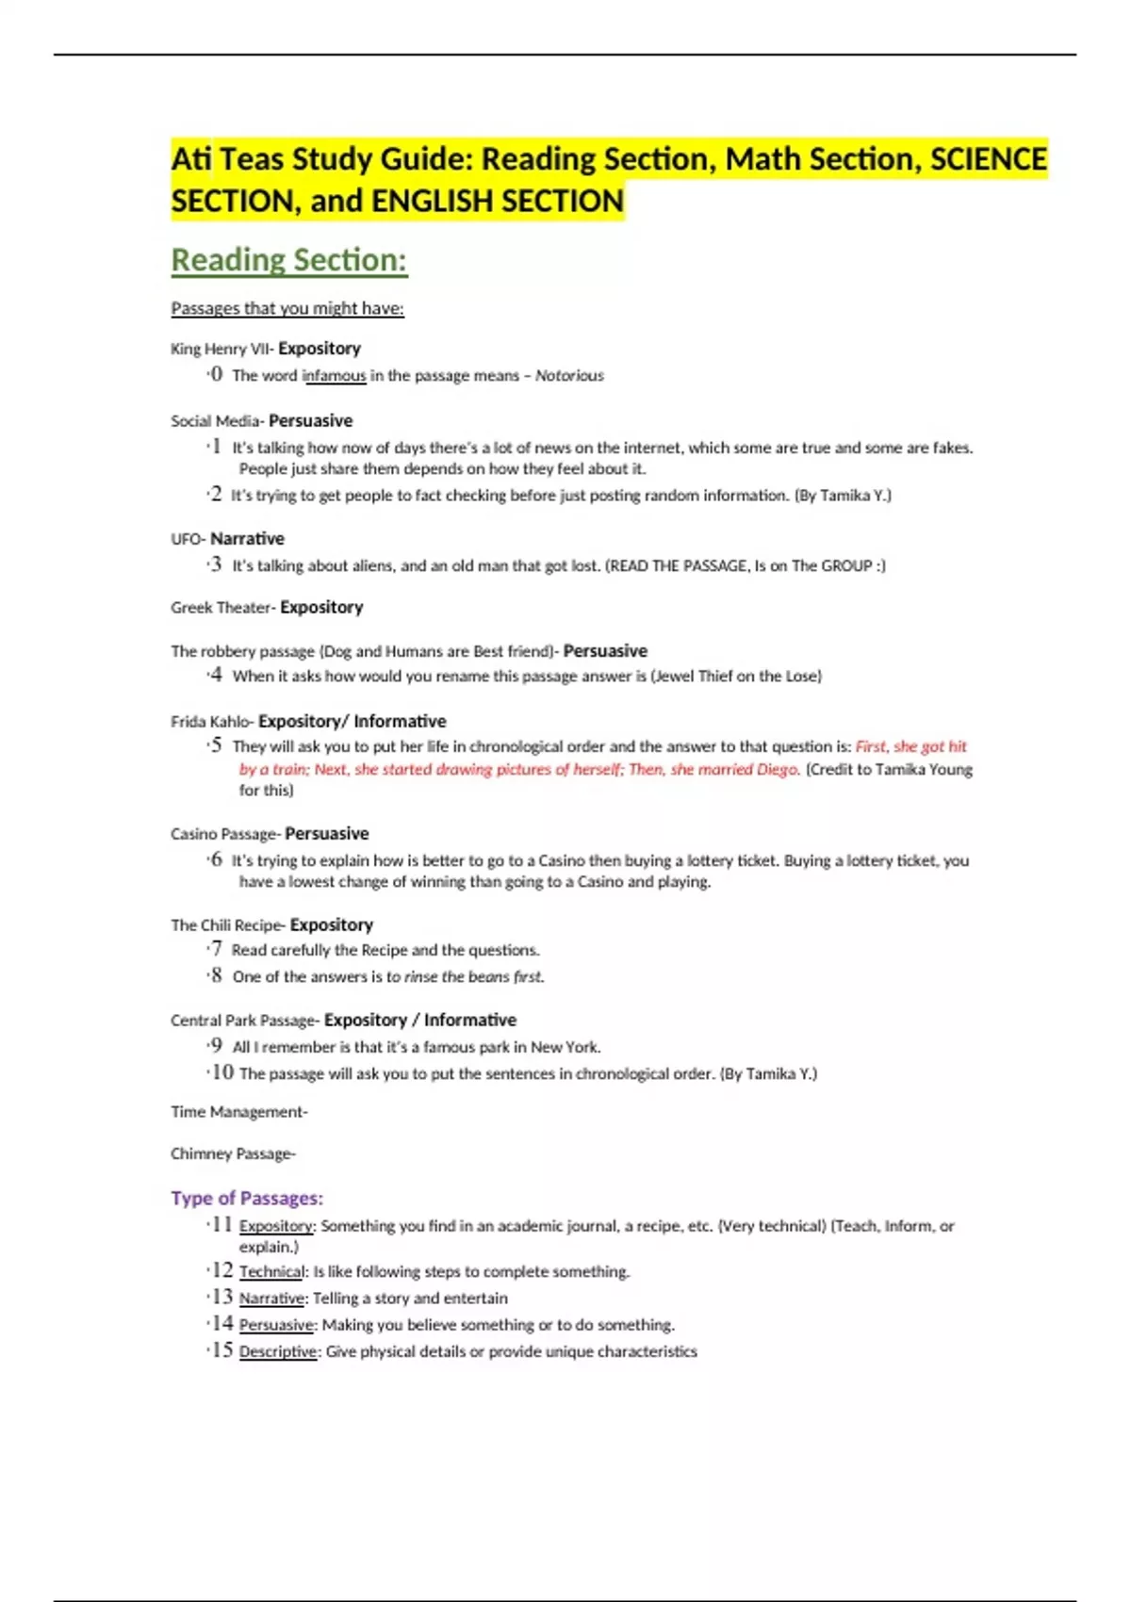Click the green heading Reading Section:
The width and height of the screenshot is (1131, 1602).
coord(288,260)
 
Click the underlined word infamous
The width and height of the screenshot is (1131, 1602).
coord(334,376)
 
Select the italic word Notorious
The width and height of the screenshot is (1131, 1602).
coord(569,376)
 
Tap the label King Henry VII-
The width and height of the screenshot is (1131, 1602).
coord(222,349)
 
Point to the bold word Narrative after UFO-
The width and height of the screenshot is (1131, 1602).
coord(247,539)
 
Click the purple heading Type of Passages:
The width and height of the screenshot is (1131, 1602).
coord(247,1198)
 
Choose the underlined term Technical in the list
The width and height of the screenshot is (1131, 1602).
coord(271,1272)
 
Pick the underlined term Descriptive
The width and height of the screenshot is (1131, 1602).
coord(278,1351)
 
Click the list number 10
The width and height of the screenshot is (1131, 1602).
coord(222,1072)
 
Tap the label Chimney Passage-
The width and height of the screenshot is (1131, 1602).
coord(233,1153)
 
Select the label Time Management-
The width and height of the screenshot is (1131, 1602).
coord(238,1112)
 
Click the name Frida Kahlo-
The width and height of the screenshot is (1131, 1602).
coord(212,722)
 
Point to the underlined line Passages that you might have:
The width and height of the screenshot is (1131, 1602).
coord(287,308)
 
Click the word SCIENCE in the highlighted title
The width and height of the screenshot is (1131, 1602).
coord(989,159)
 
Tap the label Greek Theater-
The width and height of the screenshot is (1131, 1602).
coord(223,608)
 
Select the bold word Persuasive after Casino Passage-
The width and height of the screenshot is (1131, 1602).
coord(326,834)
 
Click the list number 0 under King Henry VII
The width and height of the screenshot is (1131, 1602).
coord(217,375)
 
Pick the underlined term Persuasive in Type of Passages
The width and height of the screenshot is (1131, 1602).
coord(276,1325)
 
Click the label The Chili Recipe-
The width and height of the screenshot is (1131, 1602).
coord(228,925)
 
